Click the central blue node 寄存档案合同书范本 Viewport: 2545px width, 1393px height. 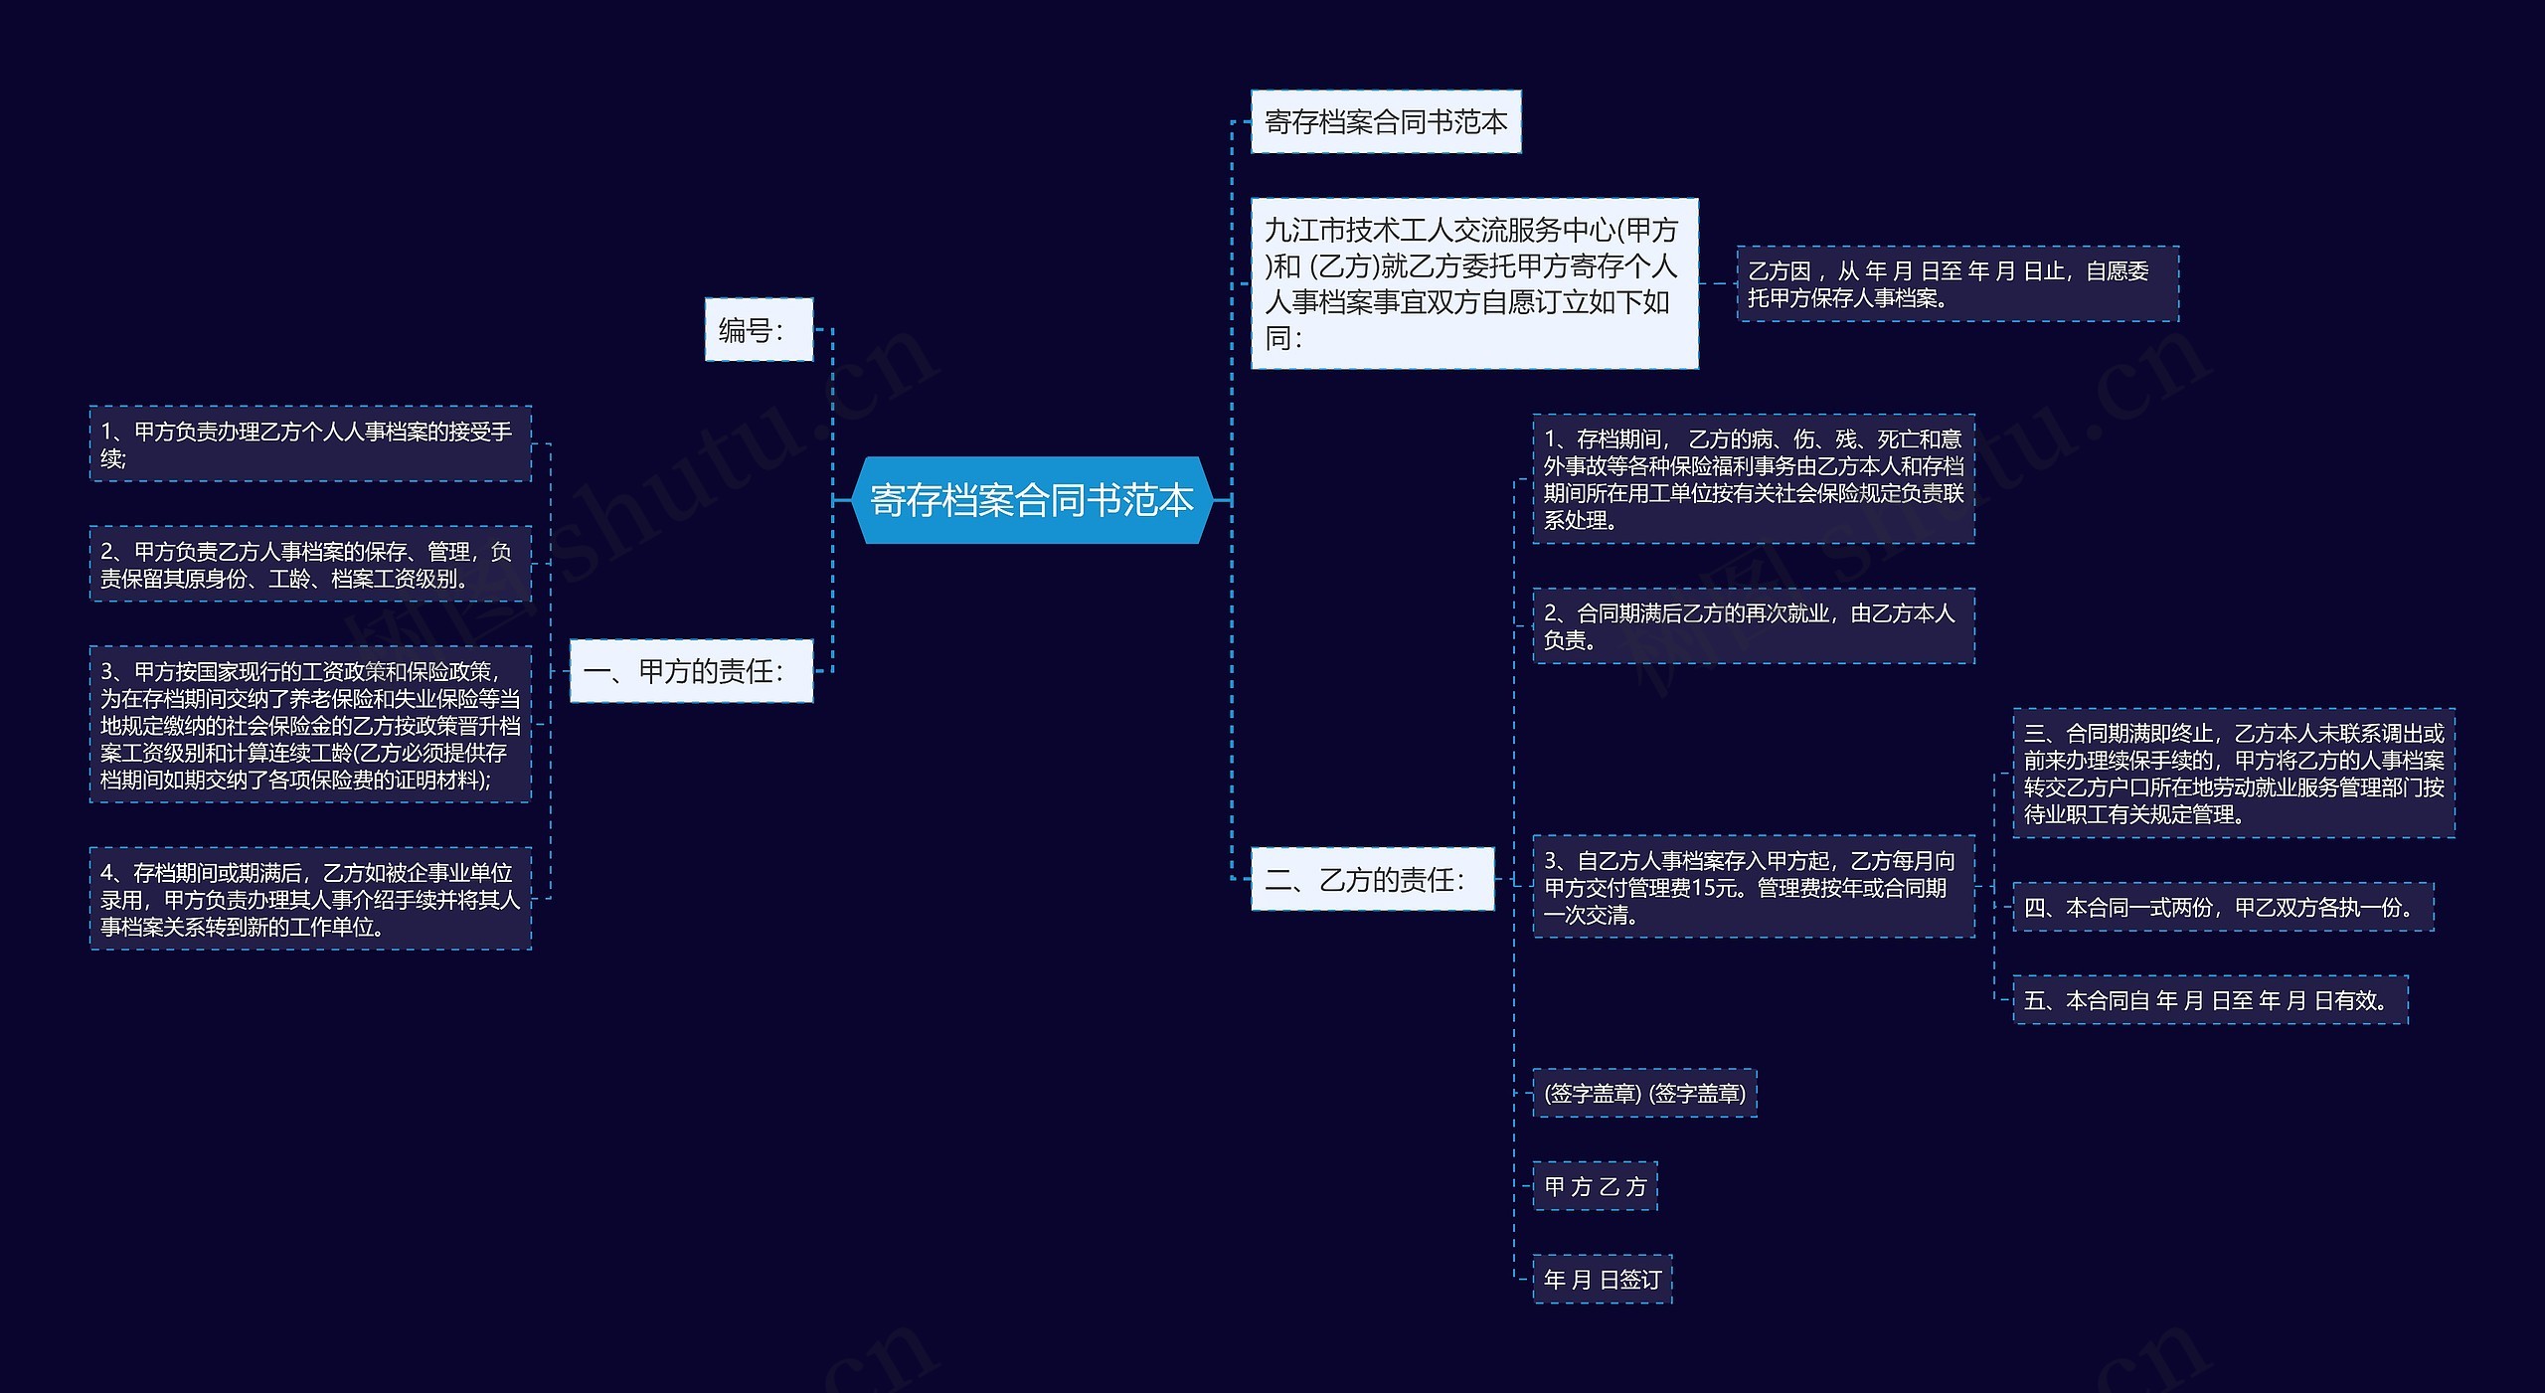[1031, 500]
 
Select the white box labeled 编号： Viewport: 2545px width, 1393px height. [759, 329]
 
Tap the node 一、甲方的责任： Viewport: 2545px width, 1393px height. [691, 671]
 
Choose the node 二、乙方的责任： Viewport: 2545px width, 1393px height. [1371, 879]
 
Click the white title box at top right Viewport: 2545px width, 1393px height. [1385, 121]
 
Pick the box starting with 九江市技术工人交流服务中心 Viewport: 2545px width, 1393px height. [1473, 283]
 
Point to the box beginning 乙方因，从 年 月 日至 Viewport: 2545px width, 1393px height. [1956, 283]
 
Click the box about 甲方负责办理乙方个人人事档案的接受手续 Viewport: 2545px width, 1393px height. [310, 443]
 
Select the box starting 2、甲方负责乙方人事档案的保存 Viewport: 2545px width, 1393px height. [310, 564]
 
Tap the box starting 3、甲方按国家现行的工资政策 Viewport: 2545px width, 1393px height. [310, 725]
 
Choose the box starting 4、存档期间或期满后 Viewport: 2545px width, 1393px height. [310, 899]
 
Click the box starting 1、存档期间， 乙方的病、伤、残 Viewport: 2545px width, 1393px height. [1753, 479]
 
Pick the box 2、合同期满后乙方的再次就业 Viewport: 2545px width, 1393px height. [1753, 626]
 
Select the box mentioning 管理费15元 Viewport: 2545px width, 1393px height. [1753, 887]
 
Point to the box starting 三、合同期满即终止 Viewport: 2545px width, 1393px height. [2233, 774]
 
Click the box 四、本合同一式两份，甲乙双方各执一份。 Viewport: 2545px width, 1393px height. [2223, 907]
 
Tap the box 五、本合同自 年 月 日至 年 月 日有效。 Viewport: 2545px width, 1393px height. [2209, 1000]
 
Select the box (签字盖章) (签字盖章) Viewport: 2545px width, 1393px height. [1644, 1094]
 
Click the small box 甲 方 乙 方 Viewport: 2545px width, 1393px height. [1595, 1186]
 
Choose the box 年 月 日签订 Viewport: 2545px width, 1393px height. [1602, 1280]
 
